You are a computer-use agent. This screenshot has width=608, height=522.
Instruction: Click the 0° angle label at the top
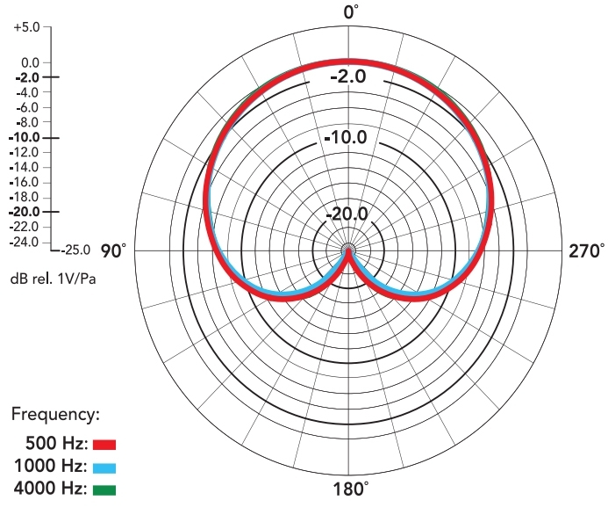[352, 11]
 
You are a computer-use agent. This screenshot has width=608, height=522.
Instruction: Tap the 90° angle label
[114, 251]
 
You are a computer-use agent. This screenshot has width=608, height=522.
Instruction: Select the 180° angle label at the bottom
[351, 489]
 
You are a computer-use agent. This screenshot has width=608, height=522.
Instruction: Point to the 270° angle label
[586, 251]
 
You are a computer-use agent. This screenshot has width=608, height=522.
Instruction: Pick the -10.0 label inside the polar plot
[348, 138]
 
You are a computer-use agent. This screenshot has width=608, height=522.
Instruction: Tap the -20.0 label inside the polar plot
[348, 214]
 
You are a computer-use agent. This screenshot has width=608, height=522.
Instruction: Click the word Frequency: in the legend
[56, 412]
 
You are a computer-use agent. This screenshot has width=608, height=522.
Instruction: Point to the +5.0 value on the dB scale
[27, 27]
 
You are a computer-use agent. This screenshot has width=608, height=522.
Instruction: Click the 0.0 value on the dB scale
[29, 62]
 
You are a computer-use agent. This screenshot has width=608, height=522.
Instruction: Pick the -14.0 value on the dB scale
[25, 167]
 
